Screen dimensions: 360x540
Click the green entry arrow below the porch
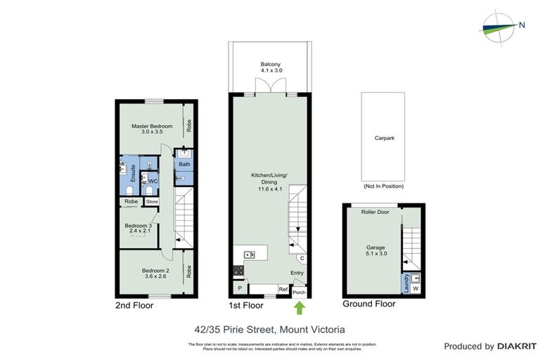[x=300, y=307]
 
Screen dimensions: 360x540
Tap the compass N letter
[x=521, y=25]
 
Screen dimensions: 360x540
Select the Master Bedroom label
[x=152, y=127]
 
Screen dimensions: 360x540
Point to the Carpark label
[x=384, y=138]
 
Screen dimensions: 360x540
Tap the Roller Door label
[x=375, y=212]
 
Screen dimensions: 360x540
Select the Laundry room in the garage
[x=406, y=283]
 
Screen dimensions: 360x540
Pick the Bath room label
[x=184, y=165]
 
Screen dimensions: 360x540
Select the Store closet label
[x=152, y=202]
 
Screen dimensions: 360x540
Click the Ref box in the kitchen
[x=283, y=289]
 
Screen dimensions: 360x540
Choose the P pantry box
[x=239, y=288]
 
